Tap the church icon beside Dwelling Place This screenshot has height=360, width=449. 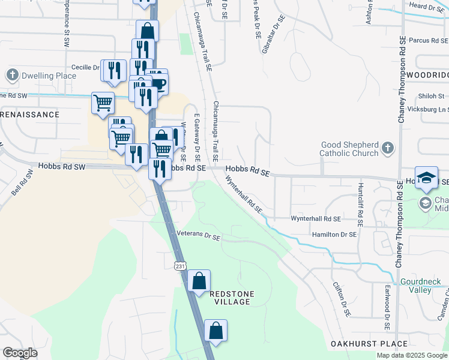[12, 75]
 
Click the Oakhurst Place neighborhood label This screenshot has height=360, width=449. [369, 344]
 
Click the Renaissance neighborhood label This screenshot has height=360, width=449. [30, 115]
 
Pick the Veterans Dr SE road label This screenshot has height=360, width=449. [199, 236]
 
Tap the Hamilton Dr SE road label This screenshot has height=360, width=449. [334, 235]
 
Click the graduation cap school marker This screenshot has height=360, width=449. [426, 178]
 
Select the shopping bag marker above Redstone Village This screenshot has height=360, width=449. [199, 280]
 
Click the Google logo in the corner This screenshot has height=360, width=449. [20, 353]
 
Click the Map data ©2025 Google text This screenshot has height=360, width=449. [412, 355]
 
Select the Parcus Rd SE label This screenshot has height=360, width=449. [428, 41]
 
